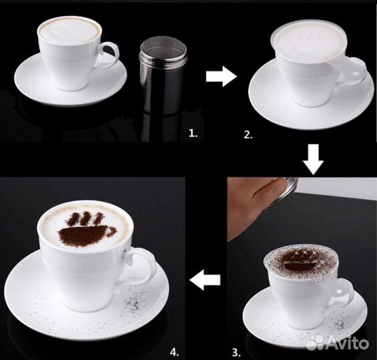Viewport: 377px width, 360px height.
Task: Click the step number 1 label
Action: point(193,133)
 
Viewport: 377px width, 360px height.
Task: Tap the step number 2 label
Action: point(248,135)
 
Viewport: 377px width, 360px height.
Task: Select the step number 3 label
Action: point(237,353)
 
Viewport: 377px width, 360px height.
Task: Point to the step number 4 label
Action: point(175,352)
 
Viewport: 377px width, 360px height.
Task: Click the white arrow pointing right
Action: point(222,77)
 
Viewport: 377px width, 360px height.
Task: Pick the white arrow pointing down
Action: point(313,159)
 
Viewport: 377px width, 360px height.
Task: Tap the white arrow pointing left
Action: point(205,280)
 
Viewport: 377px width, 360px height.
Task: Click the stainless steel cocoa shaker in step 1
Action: point(163,77)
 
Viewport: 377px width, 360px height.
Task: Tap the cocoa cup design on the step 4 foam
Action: point(87,229)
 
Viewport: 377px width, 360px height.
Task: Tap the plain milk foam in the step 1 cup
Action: point(69,31)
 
